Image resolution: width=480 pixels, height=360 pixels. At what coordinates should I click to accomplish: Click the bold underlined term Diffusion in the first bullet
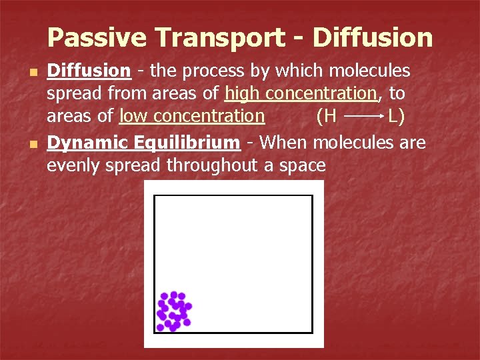88,71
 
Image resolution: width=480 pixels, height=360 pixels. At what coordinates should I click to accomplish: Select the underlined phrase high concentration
301,93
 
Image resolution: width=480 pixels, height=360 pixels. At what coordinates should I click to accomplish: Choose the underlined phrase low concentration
192,116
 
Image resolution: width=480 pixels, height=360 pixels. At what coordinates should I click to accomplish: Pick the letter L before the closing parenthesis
394,116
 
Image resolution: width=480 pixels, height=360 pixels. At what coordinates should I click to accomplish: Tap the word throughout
213,165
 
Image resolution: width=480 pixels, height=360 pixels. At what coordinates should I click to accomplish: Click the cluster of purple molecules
173,311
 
